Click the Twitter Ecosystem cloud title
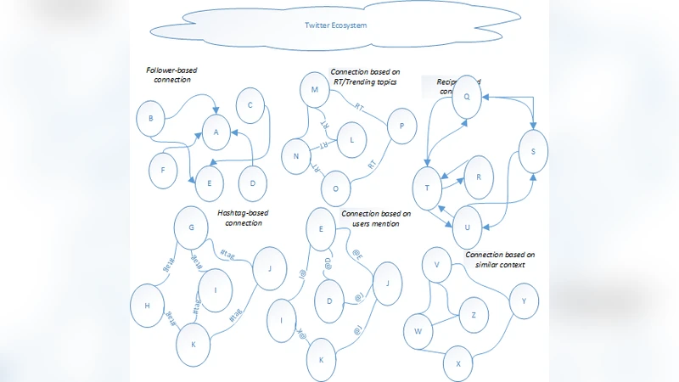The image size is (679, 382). click(336, 25)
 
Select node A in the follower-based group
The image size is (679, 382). click(216, 132)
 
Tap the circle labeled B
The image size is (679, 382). click(150, 120)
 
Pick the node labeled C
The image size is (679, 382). click(251, 106)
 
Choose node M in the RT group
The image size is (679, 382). click(314, 91)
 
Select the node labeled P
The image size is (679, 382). click(400, 124)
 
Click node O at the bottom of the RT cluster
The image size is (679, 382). click(336, 188)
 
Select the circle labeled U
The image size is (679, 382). click(467, 227)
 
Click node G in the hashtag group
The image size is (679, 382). click(192, 228)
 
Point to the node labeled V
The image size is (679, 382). click(436, 265)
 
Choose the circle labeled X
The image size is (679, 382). click(458, 363)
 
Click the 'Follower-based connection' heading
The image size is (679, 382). click(168, 74)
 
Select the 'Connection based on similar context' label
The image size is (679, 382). click(500, 259)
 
